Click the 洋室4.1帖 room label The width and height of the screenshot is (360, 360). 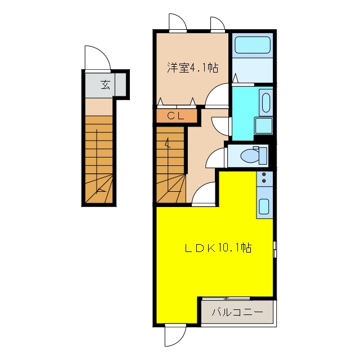(x=192, y=67)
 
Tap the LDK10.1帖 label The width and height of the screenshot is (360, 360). (x=218, y=248)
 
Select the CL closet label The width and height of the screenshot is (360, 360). (x=175, y=116)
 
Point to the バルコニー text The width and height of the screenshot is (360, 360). (x=237, y=312)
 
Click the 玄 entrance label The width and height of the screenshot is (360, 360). (x=105, y=84)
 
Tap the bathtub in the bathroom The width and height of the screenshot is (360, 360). (x=253, y=45)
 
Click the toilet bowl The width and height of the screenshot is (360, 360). (x=250, y=156)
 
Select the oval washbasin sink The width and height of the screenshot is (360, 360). (x=266, y=102)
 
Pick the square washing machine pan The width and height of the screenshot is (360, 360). (x=263, y=126)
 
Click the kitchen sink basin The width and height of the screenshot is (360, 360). (x=264, y=206)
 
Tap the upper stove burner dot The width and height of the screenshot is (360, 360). (x=264, y=174)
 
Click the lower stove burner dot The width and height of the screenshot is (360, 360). (x=264, y=181)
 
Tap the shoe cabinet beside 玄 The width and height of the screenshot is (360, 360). (x=120, y=84)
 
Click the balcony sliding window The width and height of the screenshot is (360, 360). (x=226, y=299)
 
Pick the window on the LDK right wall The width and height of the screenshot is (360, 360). (x=274, y=249)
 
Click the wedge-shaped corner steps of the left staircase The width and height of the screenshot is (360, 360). (x=99, y=189)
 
